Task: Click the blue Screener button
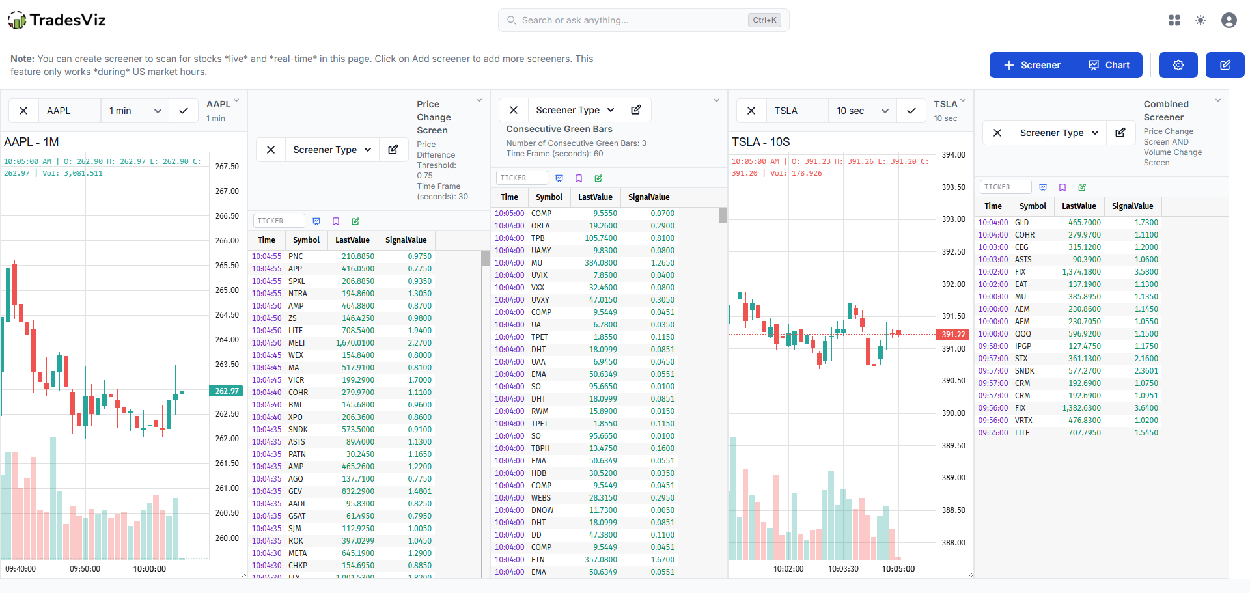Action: coord(1031,65)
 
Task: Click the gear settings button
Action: coord(1178,65)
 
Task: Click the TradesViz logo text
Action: coord(67,20)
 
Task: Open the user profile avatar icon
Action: coord(1229,20)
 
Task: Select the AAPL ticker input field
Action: coord(69,111)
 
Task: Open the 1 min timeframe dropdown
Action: coord(135,111)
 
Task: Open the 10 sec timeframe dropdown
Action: coord(862,111)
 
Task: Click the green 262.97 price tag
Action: coord(227,391)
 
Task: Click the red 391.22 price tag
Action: coord(953,335)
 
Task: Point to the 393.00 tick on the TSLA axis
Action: coord(953,219)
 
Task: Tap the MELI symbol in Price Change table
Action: coord(297,343)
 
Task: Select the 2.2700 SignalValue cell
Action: coord(419,343)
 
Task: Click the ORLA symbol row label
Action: coord(540,226)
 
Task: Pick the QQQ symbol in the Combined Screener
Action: coord(1023,334)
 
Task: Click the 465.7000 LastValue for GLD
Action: coord(1084,223)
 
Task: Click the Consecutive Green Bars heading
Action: coord(559,129)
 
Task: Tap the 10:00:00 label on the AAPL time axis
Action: coord(149,568)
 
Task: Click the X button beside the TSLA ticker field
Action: coord(751,111)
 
